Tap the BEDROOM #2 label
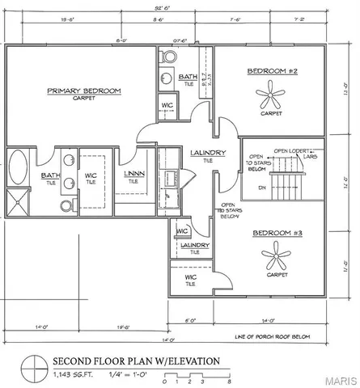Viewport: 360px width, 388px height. tap(271, 72)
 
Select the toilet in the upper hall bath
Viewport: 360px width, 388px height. tap(169, 58)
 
